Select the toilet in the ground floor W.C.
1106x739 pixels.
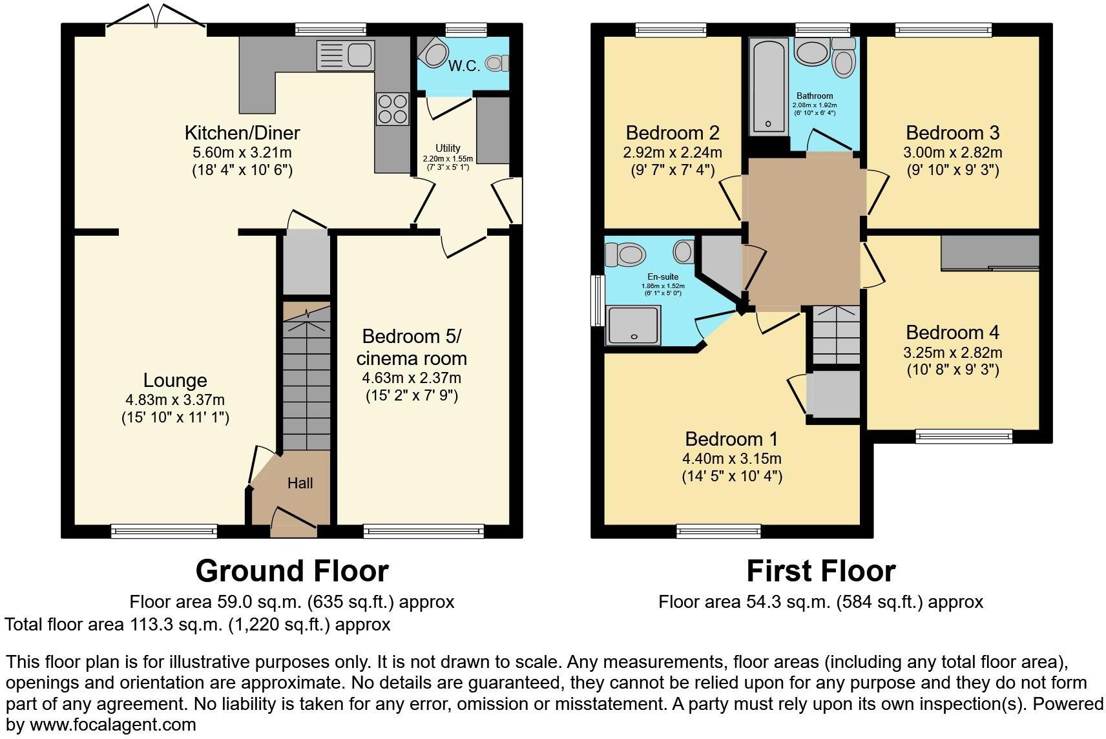496,63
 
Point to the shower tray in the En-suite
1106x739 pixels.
633,325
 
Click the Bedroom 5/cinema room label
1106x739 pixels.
412,347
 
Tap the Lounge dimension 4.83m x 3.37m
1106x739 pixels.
175,400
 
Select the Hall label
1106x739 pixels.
300,483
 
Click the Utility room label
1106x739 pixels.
448,149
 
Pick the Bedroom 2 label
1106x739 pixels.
673,133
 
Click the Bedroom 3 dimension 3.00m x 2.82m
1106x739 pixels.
952,152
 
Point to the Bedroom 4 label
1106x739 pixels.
952,333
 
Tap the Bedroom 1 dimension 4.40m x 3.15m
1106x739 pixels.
731,459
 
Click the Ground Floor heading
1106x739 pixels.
292,571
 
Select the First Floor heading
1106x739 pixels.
820,571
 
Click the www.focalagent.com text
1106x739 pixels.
112,725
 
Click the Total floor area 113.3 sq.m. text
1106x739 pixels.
197,625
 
